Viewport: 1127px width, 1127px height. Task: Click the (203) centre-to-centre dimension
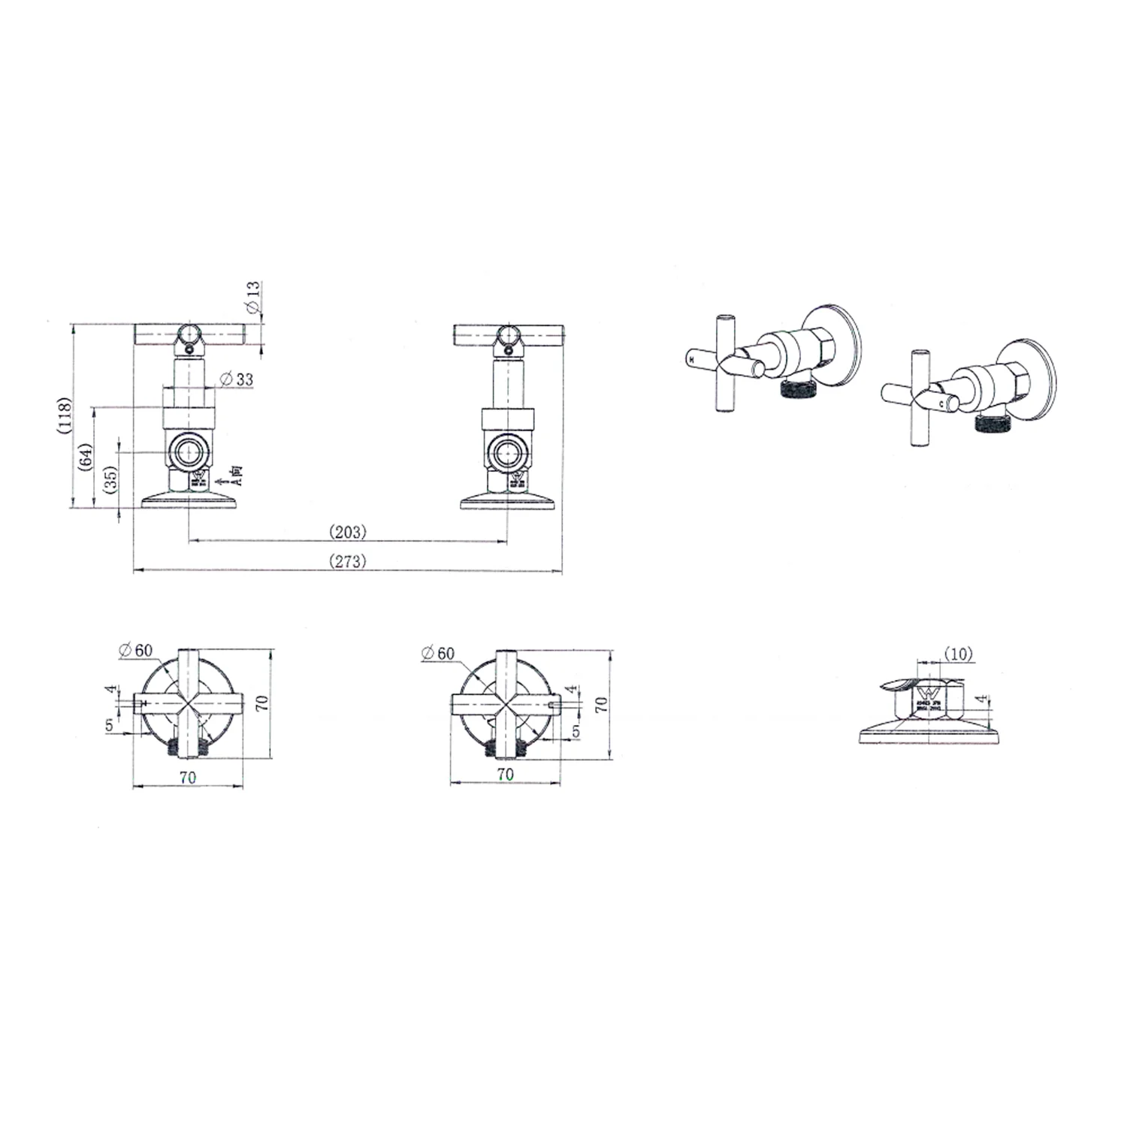point(348,532)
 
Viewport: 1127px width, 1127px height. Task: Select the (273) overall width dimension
point(348,560)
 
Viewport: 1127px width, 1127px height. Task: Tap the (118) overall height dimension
point(65,415)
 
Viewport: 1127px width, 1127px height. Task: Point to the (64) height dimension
point(86,457)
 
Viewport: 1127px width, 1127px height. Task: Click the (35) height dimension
point(110,479)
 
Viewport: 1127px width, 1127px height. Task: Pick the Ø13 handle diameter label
point(253,297)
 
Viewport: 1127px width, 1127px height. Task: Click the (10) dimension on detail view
point(958,654)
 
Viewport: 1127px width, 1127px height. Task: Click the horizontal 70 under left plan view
point(188,778)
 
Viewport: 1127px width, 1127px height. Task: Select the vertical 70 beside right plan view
point(600,704)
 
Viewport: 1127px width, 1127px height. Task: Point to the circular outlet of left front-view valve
point(187,452)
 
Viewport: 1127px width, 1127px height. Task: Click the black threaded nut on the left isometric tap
point(796,388)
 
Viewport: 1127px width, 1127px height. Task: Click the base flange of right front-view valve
point(508,501)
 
